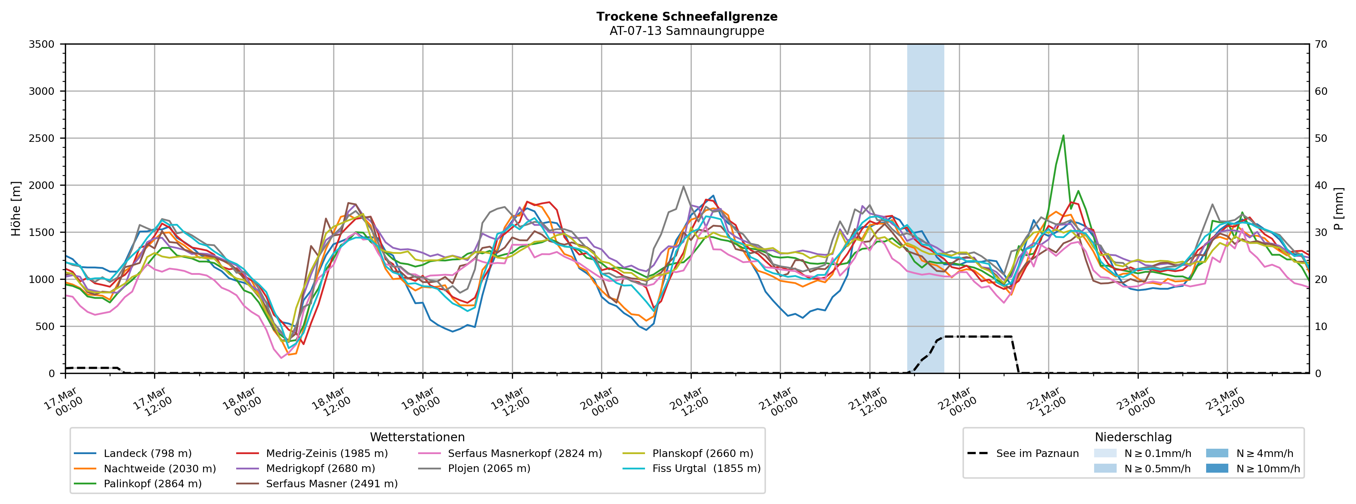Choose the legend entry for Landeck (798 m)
147,453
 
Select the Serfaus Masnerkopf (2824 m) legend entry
524,453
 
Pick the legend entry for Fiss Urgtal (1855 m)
706,469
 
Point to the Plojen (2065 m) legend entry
488,469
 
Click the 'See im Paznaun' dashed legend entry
1037,453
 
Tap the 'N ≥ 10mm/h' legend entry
1268,469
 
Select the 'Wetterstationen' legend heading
417,437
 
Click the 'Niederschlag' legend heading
1133,437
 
